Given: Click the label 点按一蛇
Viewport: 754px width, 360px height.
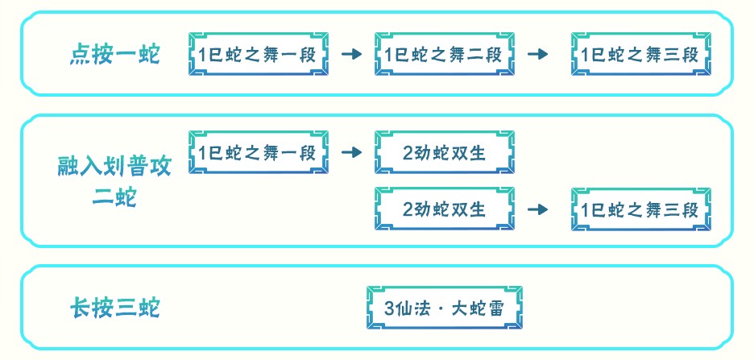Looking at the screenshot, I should point(114,55).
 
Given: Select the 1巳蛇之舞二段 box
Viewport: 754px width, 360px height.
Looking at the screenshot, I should point(444,55).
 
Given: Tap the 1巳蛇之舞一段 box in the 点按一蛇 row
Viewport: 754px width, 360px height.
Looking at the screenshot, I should point(259,55).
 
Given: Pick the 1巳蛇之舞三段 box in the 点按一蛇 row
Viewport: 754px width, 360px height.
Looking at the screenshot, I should point(640,55).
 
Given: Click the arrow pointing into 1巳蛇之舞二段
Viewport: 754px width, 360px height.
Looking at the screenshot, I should point(351,55).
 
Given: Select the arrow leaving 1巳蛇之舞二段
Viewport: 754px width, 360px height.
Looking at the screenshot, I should point(537,55).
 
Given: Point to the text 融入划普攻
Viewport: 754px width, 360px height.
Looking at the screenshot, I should point(114,168).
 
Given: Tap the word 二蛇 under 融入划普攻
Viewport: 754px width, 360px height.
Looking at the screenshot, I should point(114,197).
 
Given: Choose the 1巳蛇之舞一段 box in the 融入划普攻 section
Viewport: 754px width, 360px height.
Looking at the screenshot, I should point(259,151).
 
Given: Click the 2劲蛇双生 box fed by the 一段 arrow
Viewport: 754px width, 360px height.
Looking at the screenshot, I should point(444,151).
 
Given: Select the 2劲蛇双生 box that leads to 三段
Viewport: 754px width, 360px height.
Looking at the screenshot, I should point(444,209).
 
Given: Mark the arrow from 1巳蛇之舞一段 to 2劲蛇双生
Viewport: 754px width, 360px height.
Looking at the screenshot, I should point(351,151).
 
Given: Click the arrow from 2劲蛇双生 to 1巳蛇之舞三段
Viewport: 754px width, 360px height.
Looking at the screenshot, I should point(537,209).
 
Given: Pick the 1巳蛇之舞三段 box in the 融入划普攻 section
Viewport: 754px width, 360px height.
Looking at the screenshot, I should point(640,209).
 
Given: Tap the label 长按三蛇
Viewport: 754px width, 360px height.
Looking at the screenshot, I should point(114,308).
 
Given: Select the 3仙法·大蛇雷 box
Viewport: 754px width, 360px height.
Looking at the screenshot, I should point(444,308).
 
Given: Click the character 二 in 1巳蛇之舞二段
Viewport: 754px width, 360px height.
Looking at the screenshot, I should point(473,56).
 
